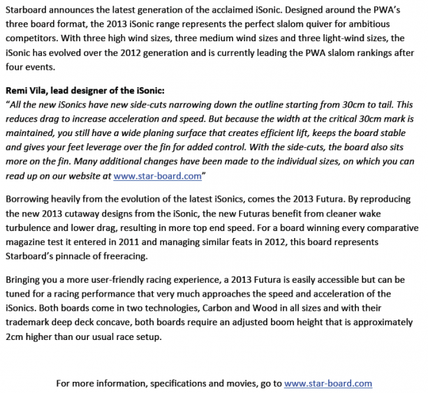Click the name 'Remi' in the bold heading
18,90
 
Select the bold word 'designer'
97,90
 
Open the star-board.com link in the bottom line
328,383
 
